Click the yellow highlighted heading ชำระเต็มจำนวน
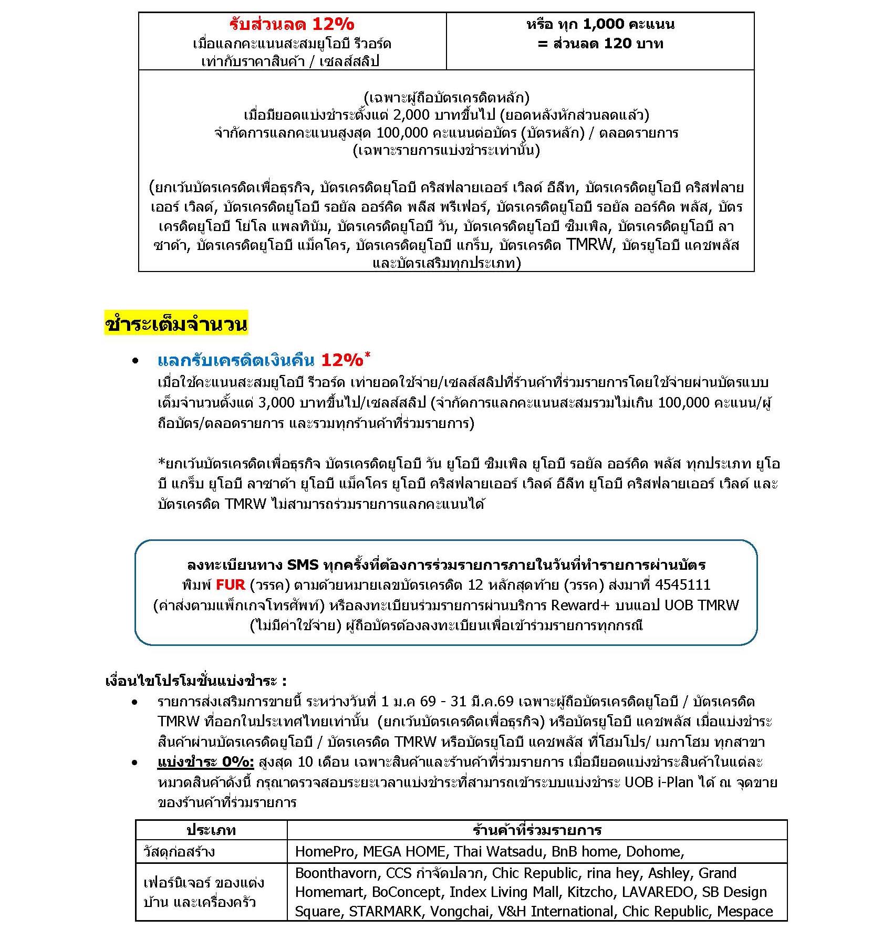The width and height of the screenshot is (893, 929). (176, 324)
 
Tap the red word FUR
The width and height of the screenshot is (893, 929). (230, 584)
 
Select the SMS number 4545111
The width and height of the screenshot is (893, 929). (682, 584)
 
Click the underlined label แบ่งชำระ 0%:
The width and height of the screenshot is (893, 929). (205, 762)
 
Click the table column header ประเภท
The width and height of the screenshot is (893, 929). (211, 830)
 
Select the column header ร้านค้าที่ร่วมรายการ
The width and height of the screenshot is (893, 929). (537, 830)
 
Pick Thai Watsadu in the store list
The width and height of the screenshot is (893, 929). (496, 851)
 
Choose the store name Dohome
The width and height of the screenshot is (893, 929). (654, 851)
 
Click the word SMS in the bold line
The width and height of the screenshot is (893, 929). (303, 565)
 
